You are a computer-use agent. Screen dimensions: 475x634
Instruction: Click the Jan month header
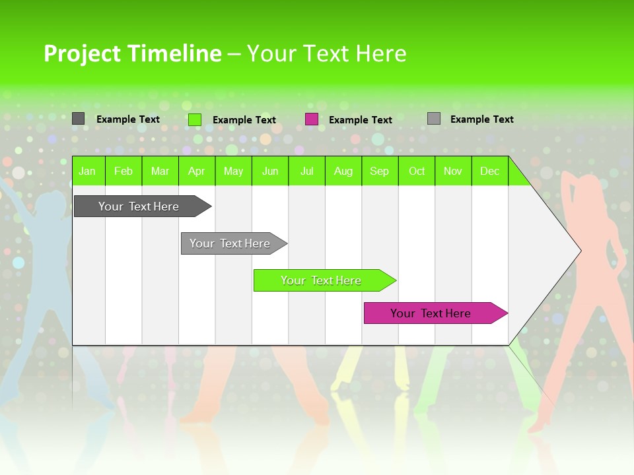pos(87,171)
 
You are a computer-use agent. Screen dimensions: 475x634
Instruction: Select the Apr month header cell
pos(196,171)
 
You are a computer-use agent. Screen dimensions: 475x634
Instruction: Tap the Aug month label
pos(343,171)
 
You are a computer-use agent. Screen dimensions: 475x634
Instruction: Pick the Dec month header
pos(489,171)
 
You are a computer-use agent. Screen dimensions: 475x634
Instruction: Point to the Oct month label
pos(416,171)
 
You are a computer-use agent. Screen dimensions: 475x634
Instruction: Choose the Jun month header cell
pos(269,171)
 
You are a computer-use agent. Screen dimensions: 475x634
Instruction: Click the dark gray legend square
pos(78,119)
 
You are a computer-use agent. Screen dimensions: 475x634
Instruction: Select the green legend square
pos(194,119)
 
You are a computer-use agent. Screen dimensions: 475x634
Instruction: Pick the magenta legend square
pos(312,119)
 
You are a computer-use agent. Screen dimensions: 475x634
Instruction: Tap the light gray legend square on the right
pos(434,119)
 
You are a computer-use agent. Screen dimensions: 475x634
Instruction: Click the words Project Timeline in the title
pos(132,53)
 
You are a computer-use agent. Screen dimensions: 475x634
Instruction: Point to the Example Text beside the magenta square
pos(360,120)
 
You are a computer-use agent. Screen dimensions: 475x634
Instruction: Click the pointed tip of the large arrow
pos(579,250)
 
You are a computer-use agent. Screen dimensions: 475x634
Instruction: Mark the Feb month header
pos(123,171)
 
